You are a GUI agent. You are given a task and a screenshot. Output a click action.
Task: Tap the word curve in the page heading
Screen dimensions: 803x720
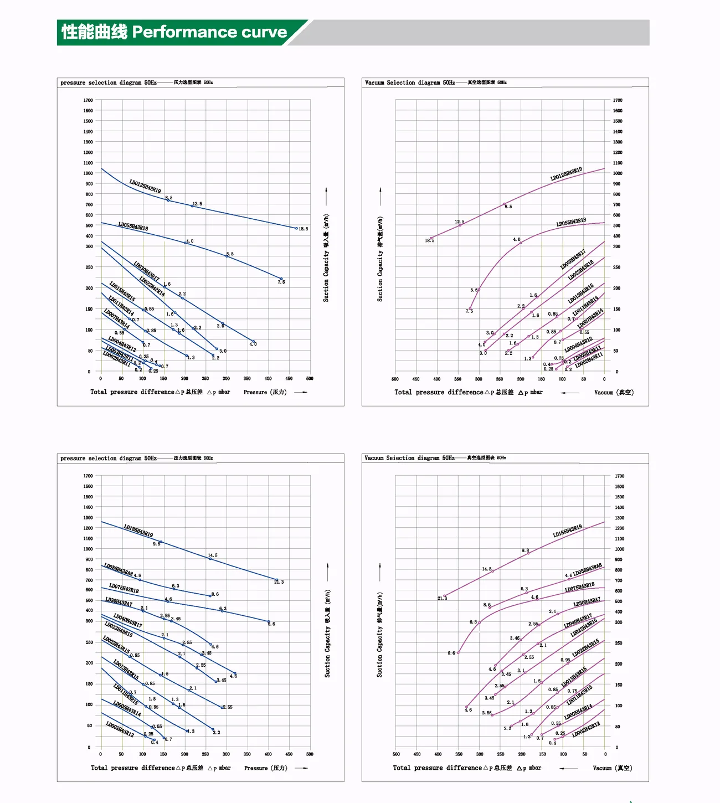[x=264, y=32]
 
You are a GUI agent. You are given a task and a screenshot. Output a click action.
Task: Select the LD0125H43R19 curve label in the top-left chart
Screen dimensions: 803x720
[x=145, y=186]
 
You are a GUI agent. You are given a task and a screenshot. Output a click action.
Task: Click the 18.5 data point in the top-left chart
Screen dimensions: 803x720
[x=296, y=228]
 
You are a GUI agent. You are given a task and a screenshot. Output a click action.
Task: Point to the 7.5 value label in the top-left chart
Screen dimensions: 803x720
[x=281, y=282]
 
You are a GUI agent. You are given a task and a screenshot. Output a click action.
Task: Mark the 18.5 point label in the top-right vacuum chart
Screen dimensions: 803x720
[x=430, y=240]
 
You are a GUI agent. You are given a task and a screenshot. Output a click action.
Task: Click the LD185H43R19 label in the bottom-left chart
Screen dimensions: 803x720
[x=138, y=531]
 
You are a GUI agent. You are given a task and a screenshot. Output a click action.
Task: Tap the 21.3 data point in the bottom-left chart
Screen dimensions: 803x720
[x=276, y=580]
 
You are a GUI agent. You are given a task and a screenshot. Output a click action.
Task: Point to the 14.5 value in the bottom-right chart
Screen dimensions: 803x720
[x=486, y=569]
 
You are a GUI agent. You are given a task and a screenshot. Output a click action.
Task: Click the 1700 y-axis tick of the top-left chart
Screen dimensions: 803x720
[x=88, y=100]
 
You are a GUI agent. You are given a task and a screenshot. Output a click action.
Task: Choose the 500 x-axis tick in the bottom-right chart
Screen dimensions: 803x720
[x=396, y=754]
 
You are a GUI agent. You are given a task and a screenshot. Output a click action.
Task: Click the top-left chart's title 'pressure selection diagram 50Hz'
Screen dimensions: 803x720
[x=109, y=83]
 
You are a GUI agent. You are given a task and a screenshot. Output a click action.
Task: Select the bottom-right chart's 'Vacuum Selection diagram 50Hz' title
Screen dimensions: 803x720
[x=409, y=458]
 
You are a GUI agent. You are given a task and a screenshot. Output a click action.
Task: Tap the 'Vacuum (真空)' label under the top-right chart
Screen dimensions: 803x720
[x=614, y=392]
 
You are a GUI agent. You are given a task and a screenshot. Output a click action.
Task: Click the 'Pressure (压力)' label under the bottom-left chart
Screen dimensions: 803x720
[x=265, y=768]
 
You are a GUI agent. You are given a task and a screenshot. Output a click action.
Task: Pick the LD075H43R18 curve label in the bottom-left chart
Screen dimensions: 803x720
[x=124, y=588]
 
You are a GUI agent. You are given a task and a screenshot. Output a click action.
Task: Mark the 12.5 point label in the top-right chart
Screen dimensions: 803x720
[x=460, y=222]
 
